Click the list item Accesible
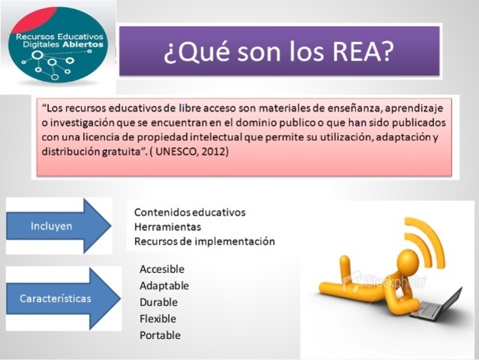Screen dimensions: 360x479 point(162,269)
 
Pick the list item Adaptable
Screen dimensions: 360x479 point(164,286)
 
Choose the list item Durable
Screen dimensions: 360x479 point(159,302)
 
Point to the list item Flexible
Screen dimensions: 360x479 point(159,319)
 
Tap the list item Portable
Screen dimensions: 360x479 point(160,335)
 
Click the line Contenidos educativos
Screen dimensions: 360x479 point(190,212)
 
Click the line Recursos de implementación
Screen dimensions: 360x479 point(205,241)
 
